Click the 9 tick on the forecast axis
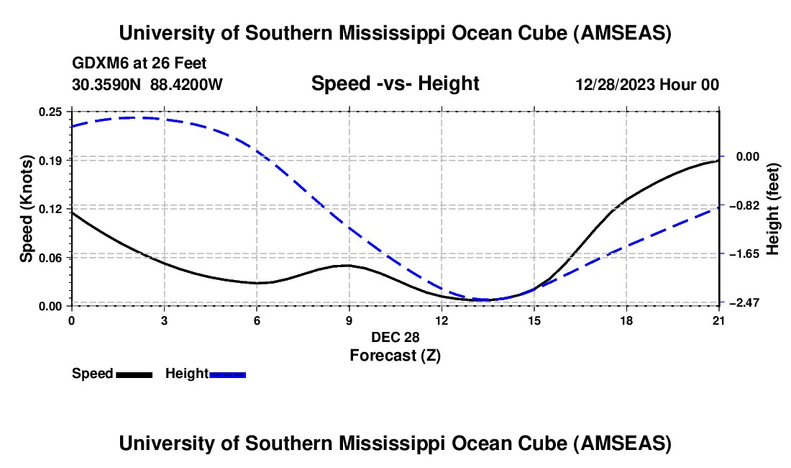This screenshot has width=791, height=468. coord(349,320)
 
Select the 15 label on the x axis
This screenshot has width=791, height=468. coord(534,320)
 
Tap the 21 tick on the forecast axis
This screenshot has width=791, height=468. coord(718,320)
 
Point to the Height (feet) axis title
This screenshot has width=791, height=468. coord(773,209)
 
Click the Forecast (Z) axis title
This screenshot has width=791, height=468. coord(395,354)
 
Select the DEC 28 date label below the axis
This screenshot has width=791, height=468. coord(395,336)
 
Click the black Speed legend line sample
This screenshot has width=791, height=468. coord(134,374)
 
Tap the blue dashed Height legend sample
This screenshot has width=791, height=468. coord(227,374)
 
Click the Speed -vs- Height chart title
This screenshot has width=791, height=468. coord(395,84)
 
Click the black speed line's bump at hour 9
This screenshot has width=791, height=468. coord(349,265)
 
